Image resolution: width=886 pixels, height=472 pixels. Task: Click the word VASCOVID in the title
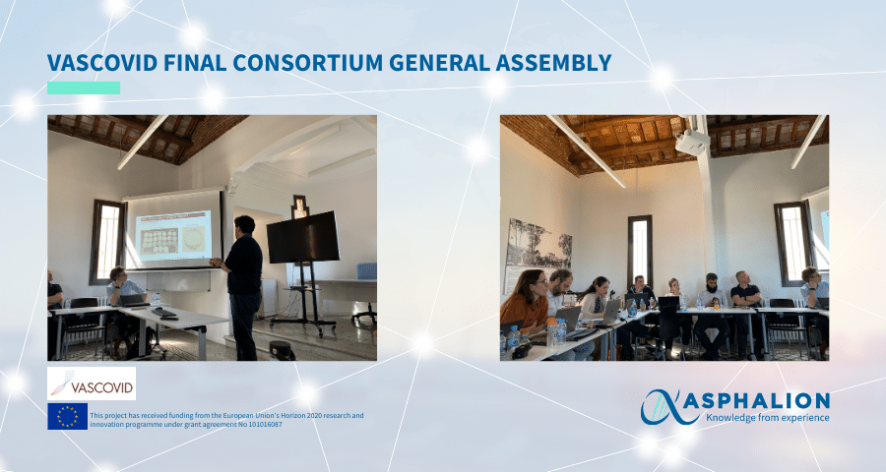[x=102, y=63]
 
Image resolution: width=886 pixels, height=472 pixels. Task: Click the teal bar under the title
[x=84, y=88]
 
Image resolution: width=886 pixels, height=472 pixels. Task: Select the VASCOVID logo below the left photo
[x=92, y=383]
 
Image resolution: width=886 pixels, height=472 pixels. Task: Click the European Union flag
[x=67, y=416]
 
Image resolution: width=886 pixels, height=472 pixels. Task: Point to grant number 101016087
[x=262, y=425]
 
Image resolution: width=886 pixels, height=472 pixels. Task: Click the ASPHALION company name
[x=767, y=401]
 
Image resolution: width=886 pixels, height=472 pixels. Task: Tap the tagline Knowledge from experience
[x=767, y=418]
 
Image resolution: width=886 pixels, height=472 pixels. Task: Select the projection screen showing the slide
[x=173, y=230]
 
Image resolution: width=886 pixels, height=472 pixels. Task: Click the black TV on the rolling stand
[x=303, y=237]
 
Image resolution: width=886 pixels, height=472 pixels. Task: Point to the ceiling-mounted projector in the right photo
[x=692, y=142]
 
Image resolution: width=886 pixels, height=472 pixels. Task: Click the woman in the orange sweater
[x=526, y=304]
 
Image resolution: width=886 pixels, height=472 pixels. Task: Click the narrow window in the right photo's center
[x=640, y=252]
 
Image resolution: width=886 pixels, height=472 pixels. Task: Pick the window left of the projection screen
[x=108, y=242]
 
